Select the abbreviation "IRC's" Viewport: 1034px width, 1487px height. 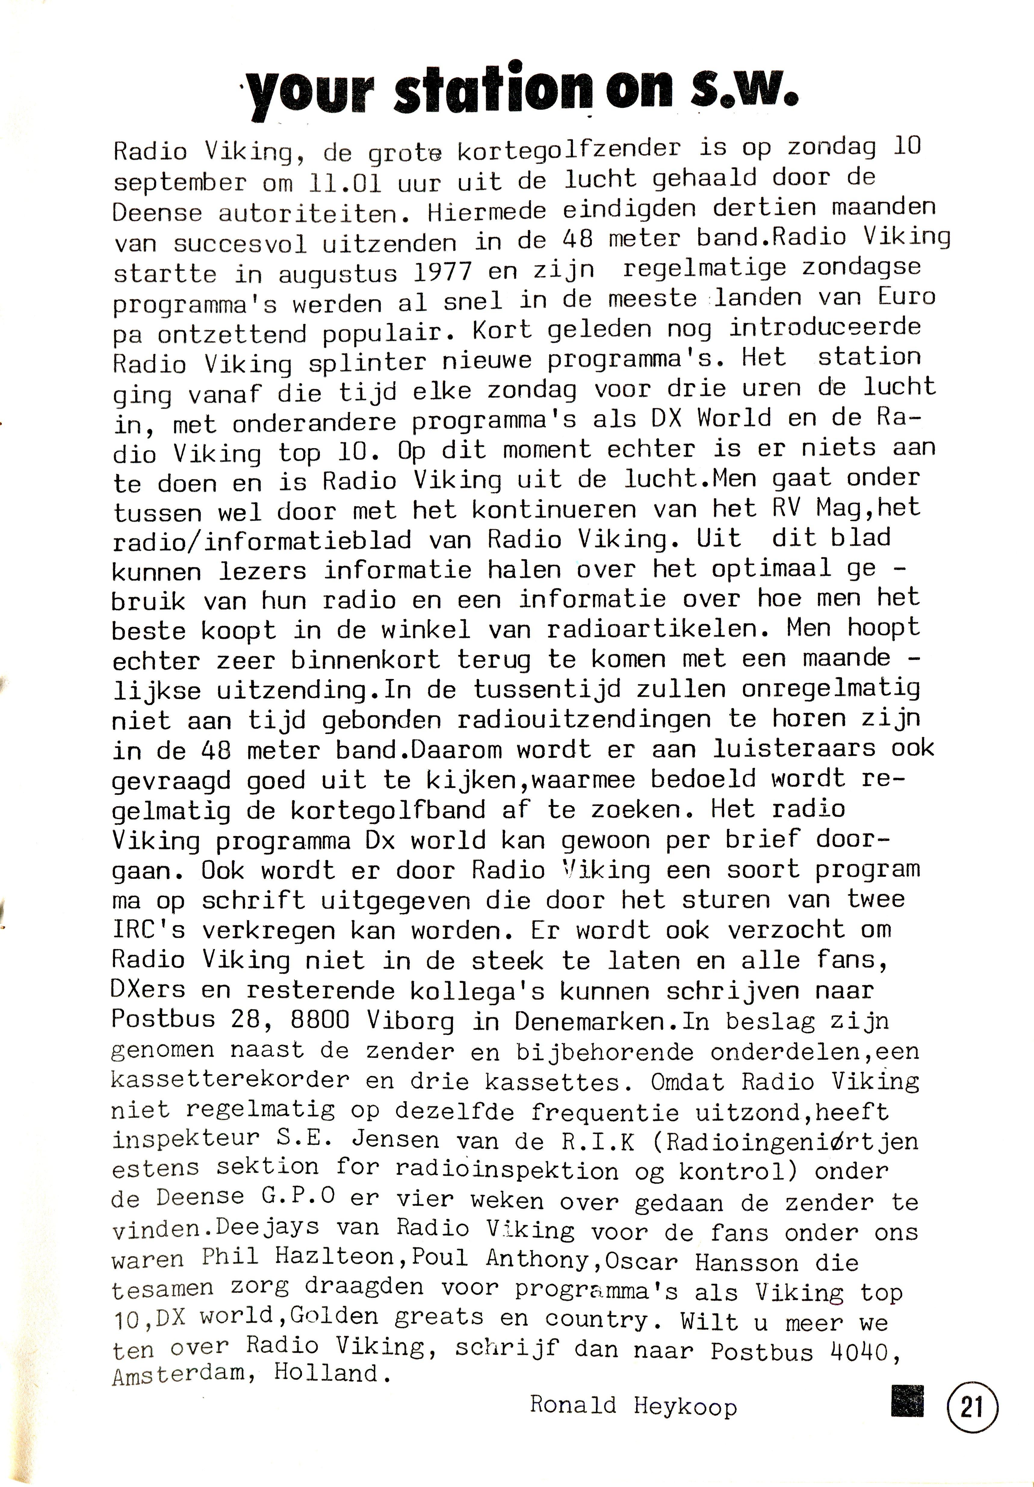[x=148, y=931]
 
